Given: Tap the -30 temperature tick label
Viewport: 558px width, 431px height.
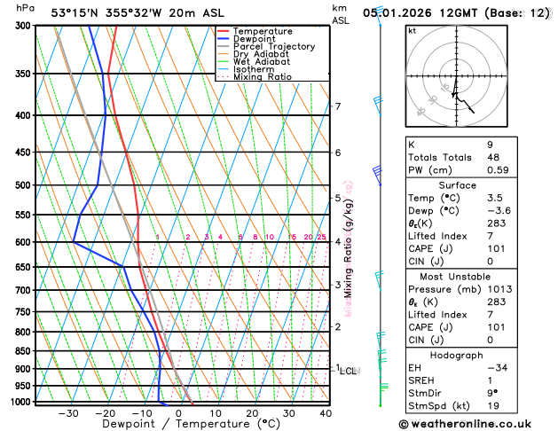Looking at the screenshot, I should [67, 413].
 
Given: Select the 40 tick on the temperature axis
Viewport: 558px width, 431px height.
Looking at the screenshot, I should [326, 413].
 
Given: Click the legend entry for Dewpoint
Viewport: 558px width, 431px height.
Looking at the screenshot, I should [253, 39].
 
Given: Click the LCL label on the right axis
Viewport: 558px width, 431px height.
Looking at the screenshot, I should [348, 371].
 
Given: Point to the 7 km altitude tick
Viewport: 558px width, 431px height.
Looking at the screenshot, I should [338, 106].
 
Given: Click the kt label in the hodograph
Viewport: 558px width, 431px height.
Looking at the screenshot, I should [412, 30].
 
